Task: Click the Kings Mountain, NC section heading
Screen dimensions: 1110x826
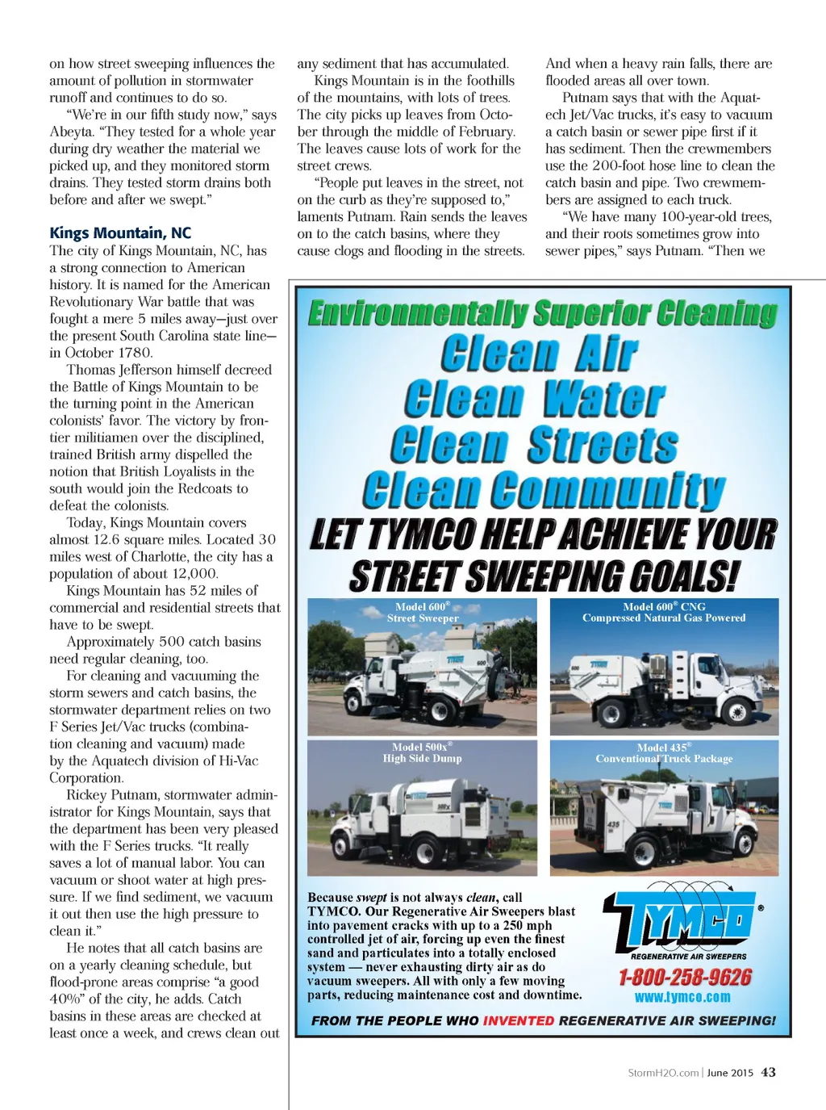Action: pos(120,233)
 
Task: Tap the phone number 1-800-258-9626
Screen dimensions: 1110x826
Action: pos(685,978)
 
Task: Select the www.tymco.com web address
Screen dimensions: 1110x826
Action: pos(682,998)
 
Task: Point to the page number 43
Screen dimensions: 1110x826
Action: pos(769,1072)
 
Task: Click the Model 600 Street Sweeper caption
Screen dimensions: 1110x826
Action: pos(423,612)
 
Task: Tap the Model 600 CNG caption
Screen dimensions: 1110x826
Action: pos(664,612)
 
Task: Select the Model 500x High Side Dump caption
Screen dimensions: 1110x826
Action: pos(422,752)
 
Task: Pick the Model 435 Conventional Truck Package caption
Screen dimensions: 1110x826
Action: pos(664,753)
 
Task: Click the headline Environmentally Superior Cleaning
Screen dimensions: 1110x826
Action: pos(543,313)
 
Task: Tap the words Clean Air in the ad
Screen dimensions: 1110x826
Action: pos(540,354)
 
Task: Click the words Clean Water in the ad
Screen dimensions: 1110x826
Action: pos(535,399)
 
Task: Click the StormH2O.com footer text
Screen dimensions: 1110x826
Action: pos(663,1073)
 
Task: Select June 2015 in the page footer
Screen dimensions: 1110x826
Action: pos(731,1073)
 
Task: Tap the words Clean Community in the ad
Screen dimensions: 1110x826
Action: pos(544,490)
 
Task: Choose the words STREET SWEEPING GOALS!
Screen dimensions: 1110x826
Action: pos(544,576)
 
